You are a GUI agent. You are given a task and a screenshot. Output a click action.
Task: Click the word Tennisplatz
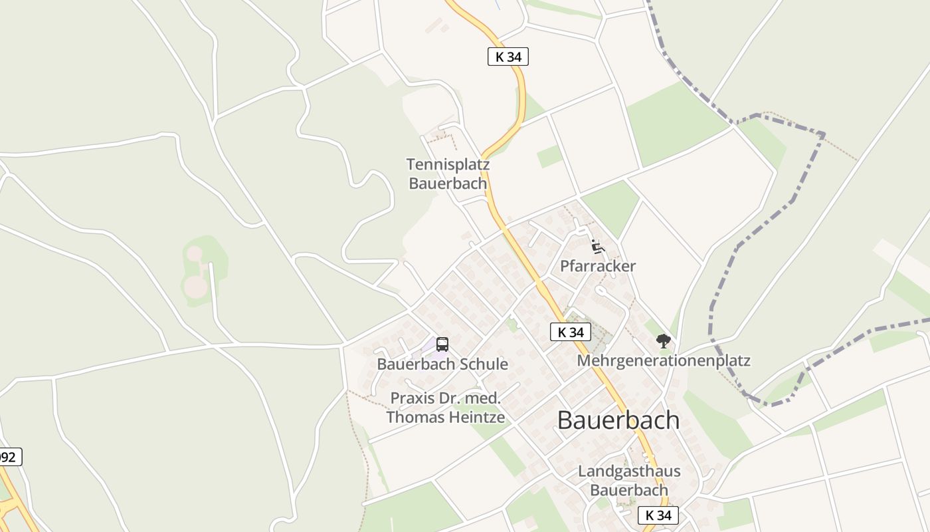pyautogui.click(x=448, y=164)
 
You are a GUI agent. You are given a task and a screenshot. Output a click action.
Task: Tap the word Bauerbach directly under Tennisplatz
pyautogui.click(x=448, y=184)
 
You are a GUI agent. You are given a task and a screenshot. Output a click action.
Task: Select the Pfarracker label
pyautogui.click(x=597, y=266)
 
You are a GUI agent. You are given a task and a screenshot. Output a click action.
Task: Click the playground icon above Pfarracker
pyautogui.click(x=597, y=247)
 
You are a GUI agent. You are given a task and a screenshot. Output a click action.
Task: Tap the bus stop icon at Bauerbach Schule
pyautogui.click(x=442, y=344)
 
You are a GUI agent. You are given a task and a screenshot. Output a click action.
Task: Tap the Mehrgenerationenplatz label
pyautogui.click(x=664, y=360)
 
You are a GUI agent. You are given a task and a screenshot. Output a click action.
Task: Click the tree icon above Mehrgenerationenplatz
pyautogui.click(x=663, y=341)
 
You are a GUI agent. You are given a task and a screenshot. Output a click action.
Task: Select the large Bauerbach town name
pyautogui.click(x=618, y=420)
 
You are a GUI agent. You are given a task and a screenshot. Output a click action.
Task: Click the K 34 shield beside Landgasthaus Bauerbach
pyautogui.click(x=658, y=515)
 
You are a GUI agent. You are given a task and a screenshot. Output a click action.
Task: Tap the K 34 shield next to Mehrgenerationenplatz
pyautogui.click(x=571, y=332)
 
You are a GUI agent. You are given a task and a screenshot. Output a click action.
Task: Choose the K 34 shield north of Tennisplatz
pyautogui.click(x=508, y=57)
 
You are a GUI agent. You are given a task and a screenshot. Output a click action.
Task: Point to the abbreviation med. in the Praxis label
pyautogui.click(x=482, y=398)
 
